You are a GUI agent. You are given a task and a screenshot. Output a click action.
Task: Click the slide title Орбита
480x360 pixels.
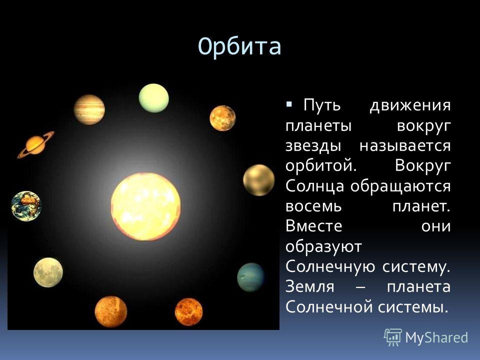pyautogui.click(x=239, y=47)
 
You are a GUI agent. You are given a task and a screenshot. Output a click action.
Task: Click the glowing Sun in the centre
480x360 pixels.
pyautogui.click(x=145, y=206)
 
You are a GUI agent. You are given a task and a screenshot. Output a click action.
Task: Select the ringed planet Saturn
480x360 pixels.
pyautogui.click(x=35, y=145)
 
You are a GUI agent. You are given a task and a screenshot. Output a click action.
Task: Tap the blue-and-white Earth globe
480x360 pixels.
pyautogui.click(x=26, y=206)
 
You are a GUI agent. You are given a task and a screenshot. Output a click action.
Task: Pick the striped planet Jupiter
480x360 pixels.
pyautogui.click(x=89, y=109)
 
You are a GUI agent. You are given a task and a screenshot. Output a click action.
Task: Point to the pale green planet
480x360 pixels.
pyautogui.click(x=153, y=98)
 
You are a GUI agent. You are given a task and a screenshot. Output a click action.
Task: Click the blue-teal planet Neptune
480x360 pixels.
pyautogui.click(x=250, y=277)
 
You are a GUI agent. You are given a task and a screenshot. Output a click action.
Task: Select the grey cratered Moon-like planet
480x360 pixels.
pyautogui.click(x=48, y=272)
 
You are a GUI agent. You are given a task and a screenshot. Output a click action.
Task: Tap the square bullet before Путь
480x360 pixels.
pyautogui.click(x=289, y=104)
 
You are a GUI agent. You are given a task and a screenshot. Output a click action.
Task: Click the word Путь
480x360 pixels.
pyautogui.click(x=322, y=105)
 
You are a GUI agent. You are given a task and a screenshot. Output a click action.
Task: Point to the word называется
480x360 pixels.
pyautogui.click(x=405, y=145)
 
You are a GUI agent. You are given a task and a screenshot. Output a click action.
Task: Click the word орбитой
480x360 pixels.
pyautogui.click(x=321, y=166)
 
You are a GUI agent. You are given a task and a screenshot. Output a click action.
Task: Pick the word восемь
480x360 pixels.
pyautogui.click(x=313, y=206)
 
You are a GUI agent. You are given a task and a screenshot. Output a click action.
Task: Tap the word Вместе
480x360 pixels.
pyautogui.click(x=314, y=226)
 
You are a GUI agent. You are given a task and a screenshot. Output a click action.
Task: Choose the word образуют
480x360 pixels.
pyautogui.click(x=323, y=246)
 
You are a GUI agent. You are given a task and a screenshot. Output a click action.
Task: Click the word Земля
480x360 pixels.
pyautogui.click(x=310, y=287)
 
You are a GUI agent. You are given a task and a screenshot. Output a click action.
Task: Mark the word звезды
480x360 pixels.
pyautogui.click(x=313, y=146)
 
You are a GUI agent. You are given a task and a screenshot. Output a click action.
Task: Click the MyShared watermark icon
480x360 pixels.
pyautogui.click(x=393, y=337)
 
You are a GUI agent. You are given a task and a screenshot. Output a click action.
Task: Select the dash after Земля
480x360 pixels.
pyautogui.click(x=360, y=288)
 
